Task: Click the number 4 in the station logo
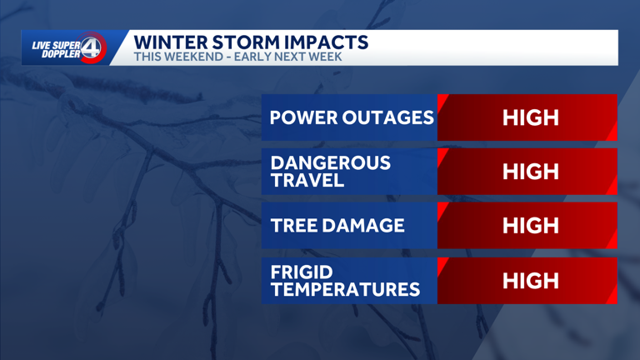click(x=92, y=48)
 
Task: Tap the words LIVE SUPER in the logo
click(x=56, y=44)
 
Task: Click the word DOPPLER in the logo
click(x=60, y=54)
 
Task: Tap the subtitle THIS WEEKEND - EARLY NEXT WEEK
click(x=237, y=57)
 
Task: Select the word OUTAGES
click(x=388, y=117)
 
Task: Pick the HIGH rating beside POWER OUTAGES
click(x=531, y=117)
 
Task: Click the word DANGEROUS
click(x=330, y=163)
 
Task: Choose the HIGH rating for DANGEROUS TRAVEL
click(x=531, y=172)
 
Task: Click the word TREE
click(x=292, y=226)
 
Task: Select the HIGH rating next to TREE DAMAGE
click(x=531, y=226)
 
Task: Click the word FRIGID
click(x=302, y=272)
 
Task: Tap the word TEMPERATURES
click(x=345, y=289)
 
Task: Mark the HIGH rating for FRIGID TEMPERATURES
click(x=531, y=281)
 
